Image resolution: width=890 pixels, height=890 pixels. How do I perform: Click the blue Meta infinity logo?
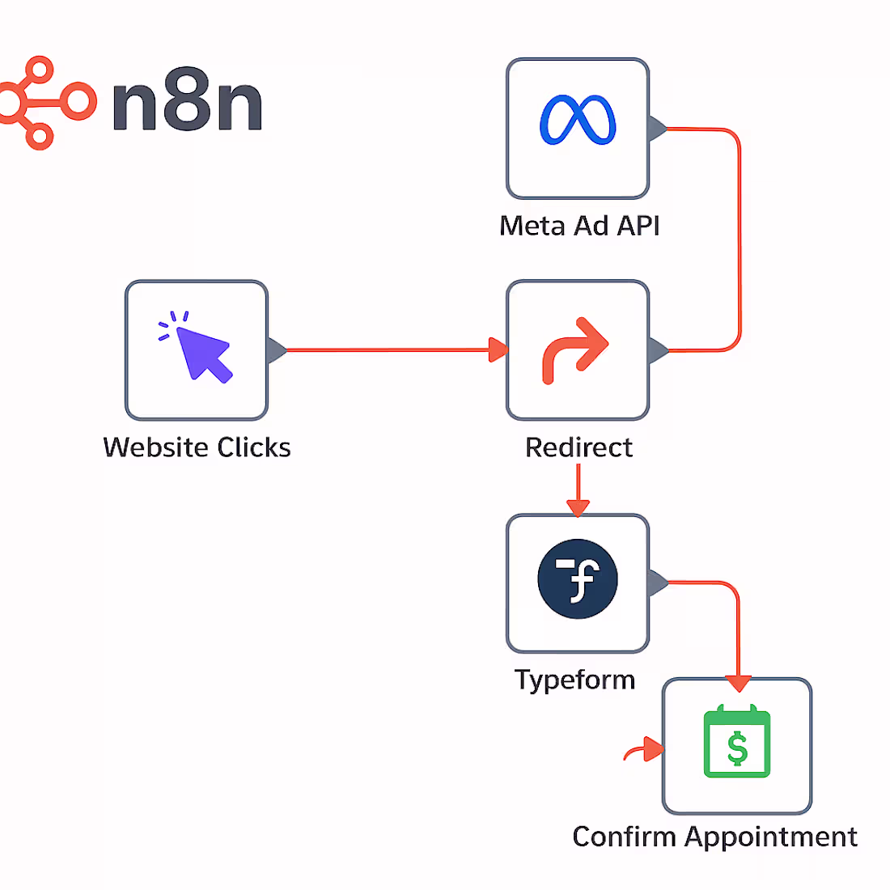[x=578, y=121]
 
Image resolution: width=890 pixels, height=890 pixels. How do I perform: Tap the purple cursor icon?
[x=198, y=348]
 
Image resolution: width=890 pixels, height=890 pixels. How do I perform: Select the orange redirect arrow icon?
[x=575, y=350]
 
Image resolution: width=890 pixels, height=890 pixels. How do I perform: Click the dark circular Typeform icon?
[x=578, y=579]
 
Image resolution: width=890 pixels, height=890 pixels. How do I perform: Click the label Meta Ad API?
[x=579, y=226]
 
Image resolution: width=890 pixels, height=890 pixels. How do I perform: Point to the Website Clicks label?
[x=197, y=447]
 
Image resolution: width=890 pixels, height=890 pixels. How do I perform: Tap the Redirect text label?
[x=578, y=447]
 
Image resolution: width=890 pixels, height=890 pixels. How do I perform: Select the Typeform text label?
[x=575, y=680]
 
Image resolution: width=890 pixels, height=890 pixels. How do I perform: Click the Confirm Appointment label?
[x=714, y=837]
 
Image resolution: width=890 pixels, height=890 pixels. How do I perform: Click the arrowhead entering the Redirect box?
[x=498, y=350]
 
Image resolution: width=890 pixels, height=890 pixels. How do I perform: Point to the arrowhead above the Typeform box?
[x=578, y=507]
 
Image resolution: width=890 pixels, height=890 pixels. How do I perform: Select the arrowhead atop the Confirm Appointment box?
[x=738, y=683]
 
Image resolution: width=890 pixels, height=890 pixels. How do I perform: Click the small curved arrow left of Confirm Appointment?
[x=643, y=750]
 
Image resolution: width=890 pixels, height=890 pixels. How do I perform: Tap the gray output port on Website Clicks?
[x=276, y=350]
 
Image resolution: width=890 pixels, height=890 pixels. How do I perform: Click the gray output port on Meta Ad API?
[x=657, y=129]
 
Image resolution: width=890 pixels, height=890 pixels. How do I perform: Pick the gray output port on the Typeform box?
[x=657, y=583]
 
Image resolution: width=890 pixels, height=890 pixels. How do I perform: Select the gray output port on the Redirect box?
[x=657, y=350]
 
